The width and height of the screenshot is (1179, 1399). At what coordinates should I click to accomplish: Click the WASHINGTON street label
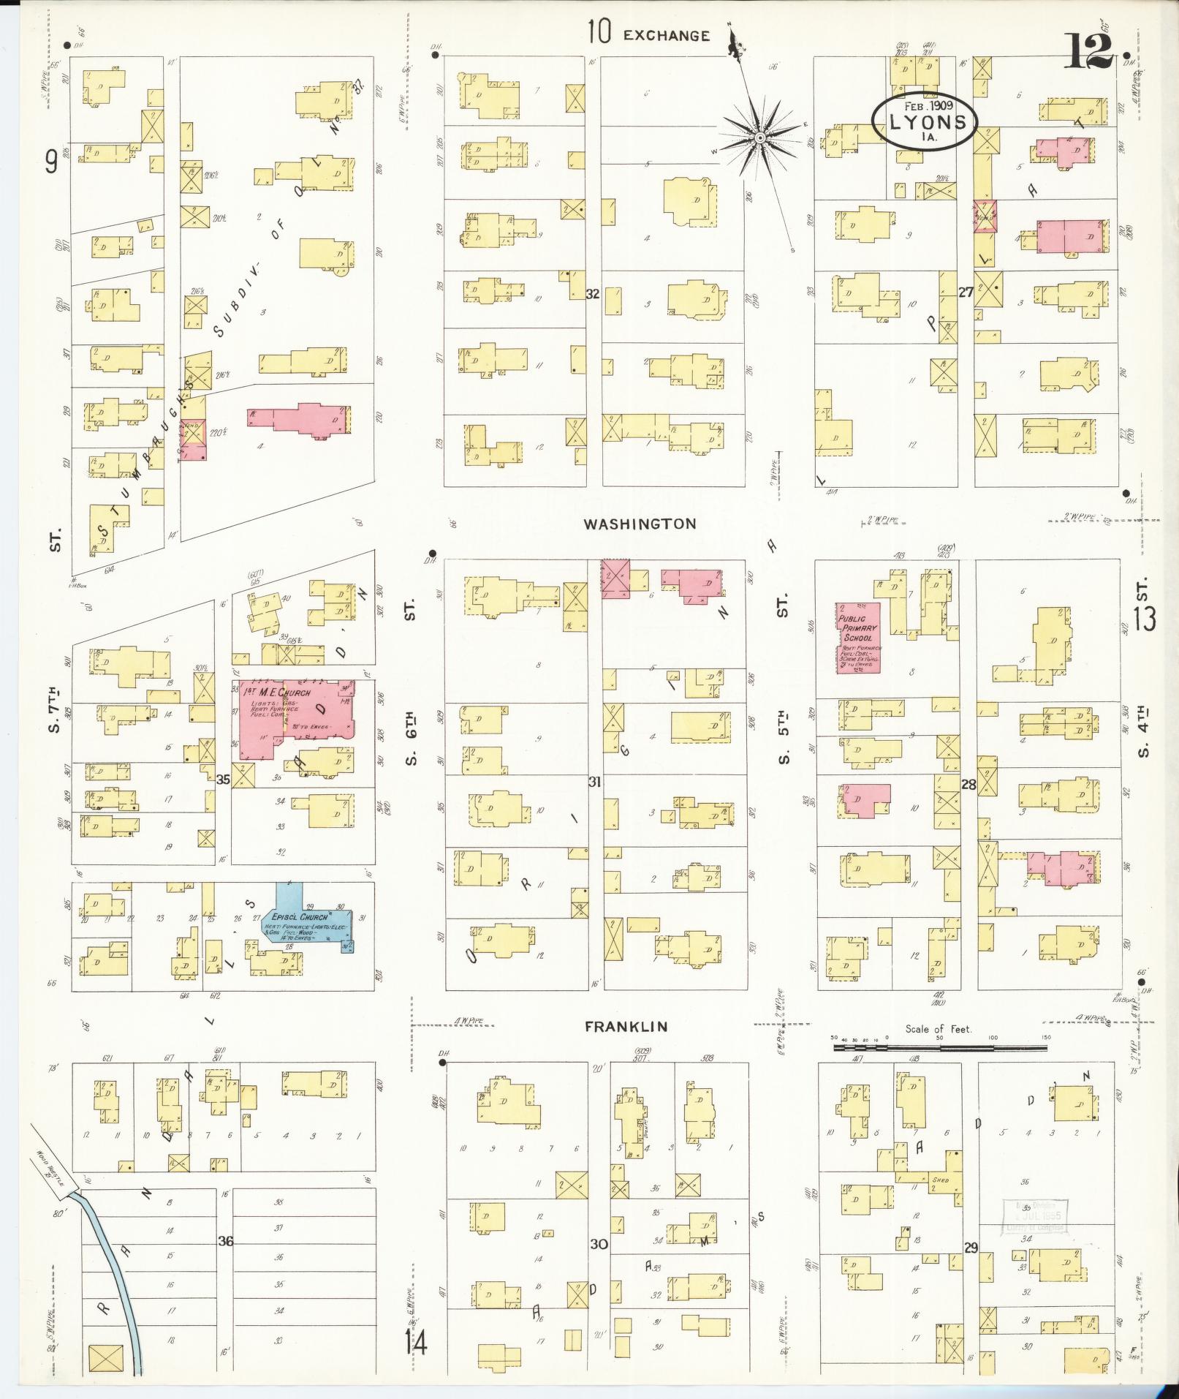click(640, 524)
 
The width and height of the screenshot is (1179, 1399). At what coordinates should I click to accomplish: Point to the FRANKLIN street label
click(626, 1026)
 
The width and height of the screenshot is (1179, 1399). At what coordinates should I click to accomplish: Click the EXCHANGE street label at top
click(667, 35)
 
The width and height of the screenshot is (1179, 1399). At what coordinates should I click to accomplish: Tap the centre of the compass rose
click(760, 137)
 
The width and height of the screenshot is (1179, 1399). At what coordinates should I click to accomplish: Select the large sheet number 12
click(1092, 50)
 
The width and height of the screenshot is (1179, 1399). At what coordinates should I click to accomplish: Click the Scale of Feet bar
click(939, 1048)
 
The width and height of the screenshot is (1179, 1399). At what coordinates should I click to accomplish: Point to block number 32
click(593, 294)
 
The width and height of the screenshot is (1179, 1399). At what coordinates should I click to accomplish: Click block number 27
click(966, 293)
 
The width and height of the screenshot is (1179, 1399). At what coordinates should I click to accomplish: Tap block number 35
click(223, 780)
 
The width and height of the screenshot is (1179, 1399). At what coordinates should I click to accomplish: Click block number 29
click(970, 1248)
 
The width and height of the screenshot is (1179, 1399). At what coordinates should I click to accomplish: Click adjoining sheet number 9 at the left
click(50, 162)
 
